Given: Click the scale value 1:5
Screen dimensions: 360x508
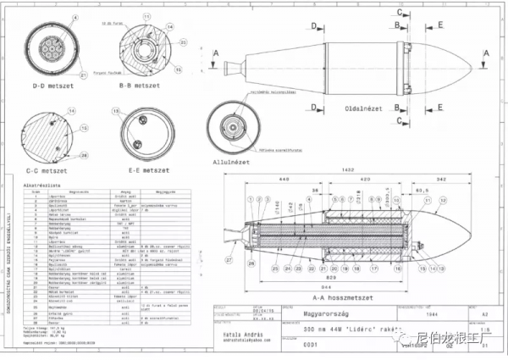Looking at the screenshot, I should click(486, 330).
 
